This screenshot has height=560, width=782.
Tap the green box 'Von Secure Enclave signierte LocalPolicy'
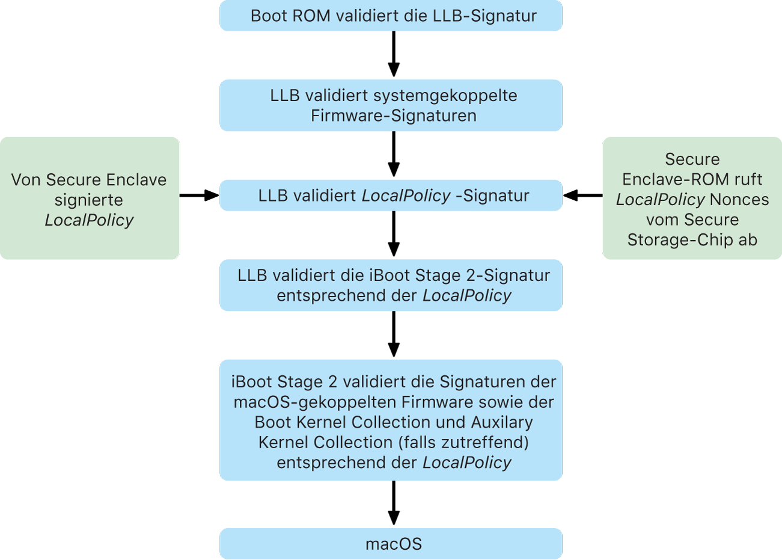[x=89, y=198]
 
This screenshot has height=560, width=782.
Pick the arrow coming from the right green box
[x=582, y=195]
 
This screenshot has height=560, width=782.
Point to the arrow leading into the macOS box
[x=394, y=503]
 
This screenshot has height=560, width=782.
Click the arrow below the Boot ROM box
[x=394, y=54]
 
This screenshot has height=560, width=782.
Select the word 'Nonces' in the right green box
[x=739, y=200]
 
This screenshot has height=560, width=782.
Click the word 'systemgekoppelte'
[x=445, y=96]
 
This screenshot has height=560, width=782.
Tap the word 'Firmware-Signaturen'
[x=394, y=115]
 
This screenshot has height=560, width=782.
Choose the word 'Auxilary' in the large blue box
[x=502, y=422]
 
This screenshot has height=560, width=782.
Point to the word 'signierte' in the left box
[x=89, y=200]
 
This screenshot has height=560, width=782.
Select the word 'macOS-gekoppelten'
[x=316, y=402]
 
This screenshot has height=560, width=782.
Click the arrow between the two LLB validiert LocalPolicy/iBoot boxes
[x=394, y=234]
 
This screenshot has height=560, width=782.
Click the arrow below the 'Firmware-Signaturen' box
[x=394, y=154]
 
